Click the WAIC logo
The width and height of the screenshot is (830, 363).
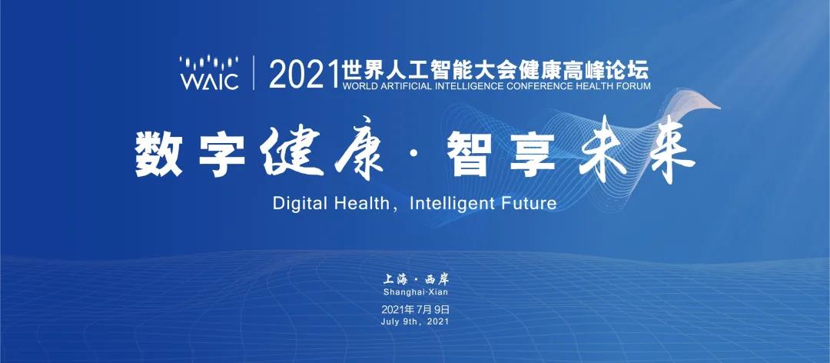pos(209,72)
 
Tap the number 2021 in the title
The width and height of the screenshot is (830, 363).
pos(304,75)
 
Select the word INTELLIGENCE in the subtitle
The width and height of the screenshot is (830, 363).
pos(481,86)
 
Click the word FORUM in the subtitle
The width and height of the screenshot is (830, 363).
pos(633,86)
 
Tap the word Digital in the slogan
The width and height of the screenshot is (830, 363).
pos(296,205)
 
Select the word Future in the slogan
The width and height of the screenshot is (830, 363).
pos(528,205)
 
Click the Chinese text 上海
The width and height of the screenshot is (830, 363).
pos(395,279)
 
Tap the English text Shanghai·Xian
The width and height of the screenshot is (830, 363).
pos(415,292)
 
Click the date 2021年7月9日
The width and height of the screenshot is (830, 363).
pos(415,309)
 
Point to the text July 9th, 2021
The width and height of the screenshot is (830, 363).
pos(415,321)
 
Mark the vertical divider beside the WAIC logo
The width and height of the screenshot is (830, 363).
pos(254,72)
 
